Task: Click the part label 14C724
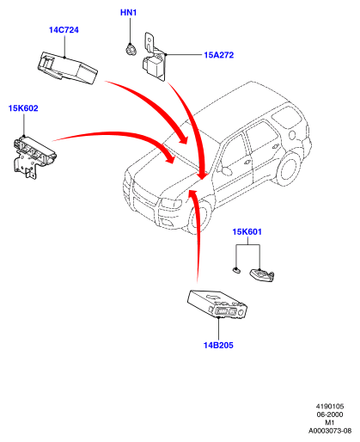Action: (64, 30)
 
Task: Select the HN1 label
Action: (128, 13)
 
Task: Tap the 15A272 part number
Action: (219, 55)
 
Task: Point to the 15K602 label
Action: (23, 108)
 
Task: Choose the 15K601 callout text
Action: (247, 231)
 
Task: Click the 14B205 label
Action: (218, 345)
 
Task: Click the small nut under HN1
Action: (131, 49)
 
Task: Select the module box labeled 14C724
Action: (68, 68)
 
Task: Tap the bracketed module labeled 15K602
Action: (34, 157)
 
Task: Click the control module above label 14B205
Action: (217, 304)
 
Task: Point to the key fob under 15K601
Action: (262, 275)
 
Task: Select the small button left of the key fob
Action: (236, 270)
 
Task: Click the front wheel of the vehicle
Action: (199, 217)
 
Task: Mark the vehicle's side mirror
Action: (227, 170)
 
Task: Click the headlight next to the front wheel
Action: (171, 203)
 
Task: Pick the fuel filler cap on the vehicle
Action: (292, 134)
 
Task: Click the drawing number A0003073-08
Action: (330, 431)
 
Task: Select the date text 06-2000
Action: (330, 414)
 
